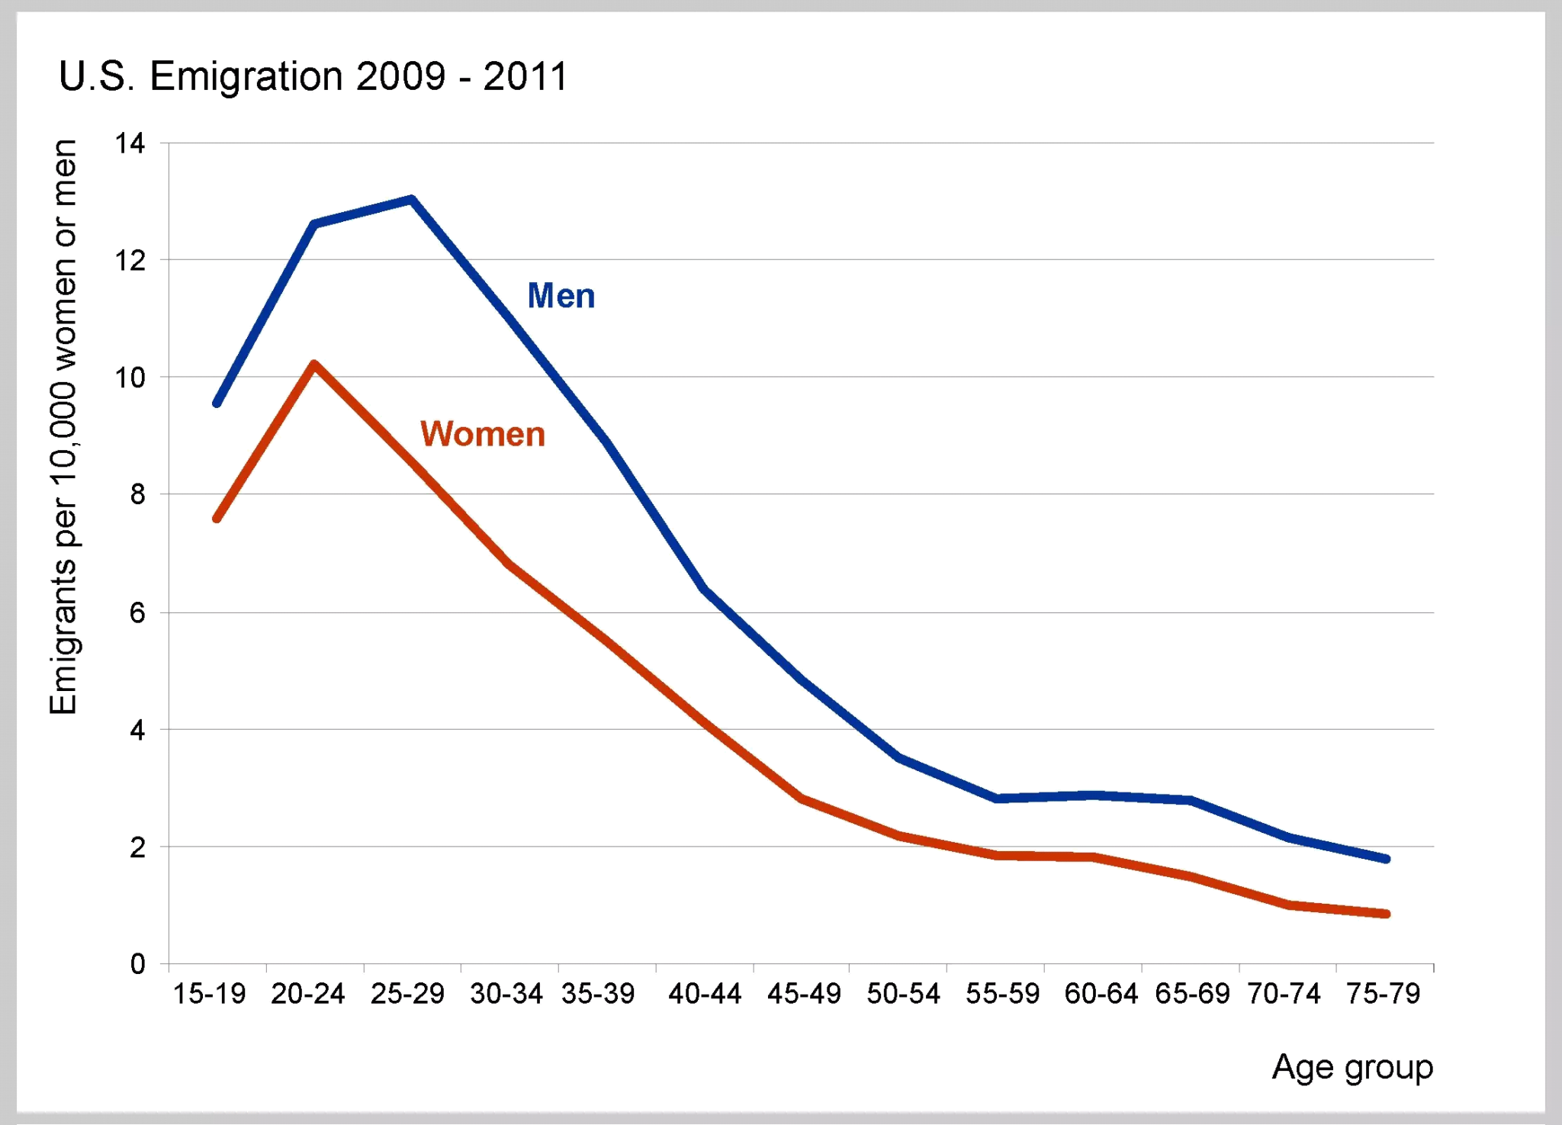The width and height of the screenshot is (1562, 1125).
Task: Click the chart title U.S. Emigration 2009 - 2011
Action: click(313, 76)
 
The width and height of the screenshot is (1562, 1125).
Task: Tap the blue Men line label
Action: click(561, 296)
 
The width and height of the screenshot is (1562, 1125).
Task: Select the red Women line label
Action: click(483, 434)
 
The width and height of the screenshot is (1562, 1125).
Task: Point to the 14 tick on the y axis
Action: click(130, 143)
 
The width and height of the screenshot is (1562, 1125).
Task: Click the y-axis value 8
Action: click(137, 495)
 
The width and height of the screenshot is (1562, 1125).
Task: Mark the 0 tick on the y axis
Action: click(137, 964)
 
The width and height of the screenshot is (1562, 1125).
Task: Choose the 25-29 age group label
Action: click(407, 994)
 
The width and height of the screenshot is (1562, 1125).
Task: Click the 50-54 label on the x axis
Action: click(903, 994)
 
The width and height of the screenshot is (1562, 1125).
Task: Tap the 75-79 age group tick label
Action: click(1383, 994)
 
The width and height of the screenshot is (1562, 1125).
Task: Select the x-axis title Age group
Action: click(1352, 1067)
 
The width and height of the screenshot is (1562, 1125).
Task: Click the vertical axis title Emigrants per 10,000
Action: click(64, 427)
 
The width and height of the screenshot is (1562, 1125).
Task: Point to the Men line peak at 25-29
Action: click(412, 200)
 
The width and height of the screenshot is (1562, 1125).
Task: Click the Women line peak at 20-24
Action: click(314, 365)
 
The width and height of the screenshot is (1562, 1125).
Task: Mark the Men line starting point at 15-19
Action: click(217, 403)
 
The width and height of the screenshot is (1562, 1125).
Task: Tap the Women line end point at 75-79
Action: click(1386, 914)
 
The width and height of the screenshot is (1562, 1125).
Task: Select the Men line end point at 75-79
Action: click(1386, 859)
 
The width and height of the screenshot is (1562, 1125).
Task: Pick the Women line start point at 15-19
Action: click(217, 519)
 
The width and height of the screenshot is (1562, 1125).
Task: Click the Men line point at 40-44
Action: click(705, 588)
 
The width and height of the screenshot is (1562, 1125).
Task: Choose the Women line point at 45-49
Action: click(802, 799)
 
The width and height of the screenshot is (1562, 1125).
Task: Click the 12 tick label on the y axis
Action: click(130, 261)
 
